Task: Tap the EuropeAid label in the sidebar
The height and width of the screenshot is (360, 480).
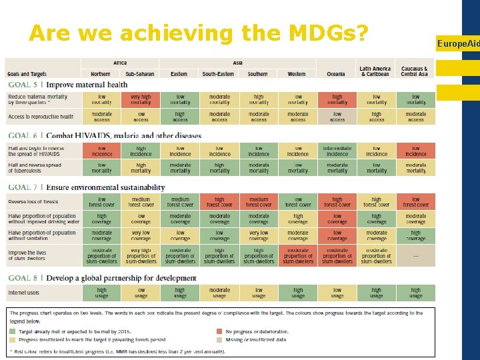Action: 458,43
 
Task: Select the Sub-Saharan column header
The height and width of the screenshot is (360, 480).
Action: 141,74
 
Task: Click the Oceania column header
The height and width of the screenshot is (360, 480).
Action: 337,74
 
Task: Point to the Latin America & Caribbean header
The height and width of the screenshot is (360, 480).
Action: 376,71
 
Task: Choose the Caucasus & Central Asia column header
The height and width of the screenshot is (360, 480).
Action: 415,71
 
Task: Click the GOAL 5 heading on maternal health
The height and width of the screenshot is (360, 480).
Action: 67,85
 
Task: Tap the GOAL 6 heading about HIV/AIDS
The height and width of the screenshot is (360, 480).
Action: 104,135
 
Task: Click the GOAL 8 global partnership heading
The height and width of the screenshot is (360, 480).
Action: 102,277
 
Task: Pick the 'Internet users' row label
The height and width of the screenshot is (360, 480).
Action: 23,293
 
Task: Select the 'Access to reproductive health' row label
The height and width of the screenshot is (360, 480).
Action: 41,117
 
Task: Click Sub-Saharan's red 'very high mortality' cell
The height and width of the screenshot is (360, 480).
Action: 141,99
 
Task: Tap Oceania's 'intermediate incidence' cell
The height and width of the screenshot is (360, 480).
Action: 337,151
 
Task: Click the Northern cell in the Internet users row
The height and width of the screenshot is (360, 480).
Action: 101,293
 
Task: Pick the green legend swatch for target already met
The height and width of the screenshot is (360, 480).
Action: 13,331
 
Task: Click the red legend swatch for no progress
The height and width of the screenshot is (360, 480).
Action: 219,331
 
